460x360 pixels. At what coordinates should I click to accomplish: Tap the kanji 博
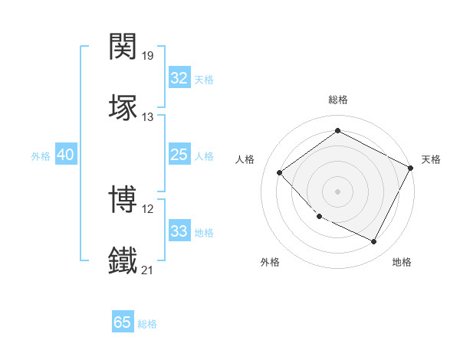tap(123, 198)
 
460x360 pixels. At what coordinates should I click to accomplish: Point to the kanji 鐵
tap(123, 259)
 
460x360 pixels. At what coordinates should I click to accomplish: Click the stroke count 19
tap(148, 56)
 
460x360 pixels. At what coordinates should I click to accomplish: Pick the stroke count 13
tap(148, 116)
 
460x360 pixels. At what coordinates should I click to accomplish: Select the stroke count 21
tap(148, 270)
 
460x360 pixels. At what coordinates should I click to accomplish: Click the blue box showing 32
tap(179, 78)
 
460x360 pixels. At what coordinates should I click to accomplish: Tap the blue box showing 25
tap(179, 155)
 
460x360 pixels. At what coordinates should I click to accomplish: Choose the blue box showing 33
tap(179, 231)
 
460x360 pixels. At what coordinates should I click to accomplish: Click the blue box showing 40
tap(65, 155)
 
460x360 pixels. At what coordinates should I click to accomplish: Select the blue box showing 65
tap(123, 322)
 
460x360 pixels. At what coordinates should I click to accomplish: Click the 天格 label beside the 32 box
tap(204, 80)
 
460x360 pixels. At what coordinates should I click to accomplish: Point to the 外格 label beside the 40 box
tap(41, 156)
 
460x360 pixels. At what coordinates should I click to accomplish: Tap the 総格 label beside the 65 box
tap(147, 324)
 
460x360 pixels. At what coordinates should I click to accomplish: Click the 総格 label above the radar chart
tap(337, 100)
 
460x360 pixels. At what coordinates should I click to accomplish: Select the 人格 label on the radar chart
tap(245, 159)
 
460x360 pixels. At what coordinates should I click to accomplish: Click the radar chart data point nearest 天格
tap(412, 169)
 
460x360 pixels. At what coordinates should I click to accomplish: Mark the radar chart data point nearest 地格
tap(374, 242)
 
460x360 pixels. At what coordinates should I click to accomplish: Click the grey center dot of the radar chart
tap(337, 191)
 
